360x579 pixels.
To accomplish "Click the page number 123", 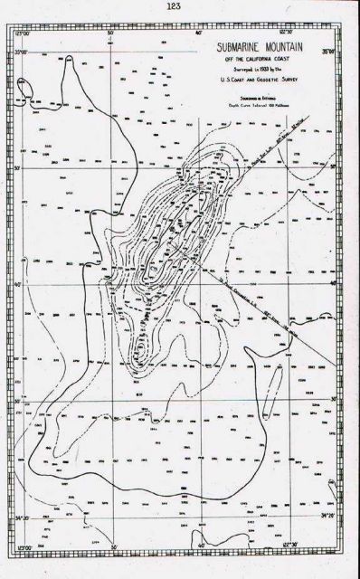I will coord(174,7).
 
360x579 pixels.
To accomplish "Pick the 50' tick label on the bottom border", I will coord(114,548).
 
